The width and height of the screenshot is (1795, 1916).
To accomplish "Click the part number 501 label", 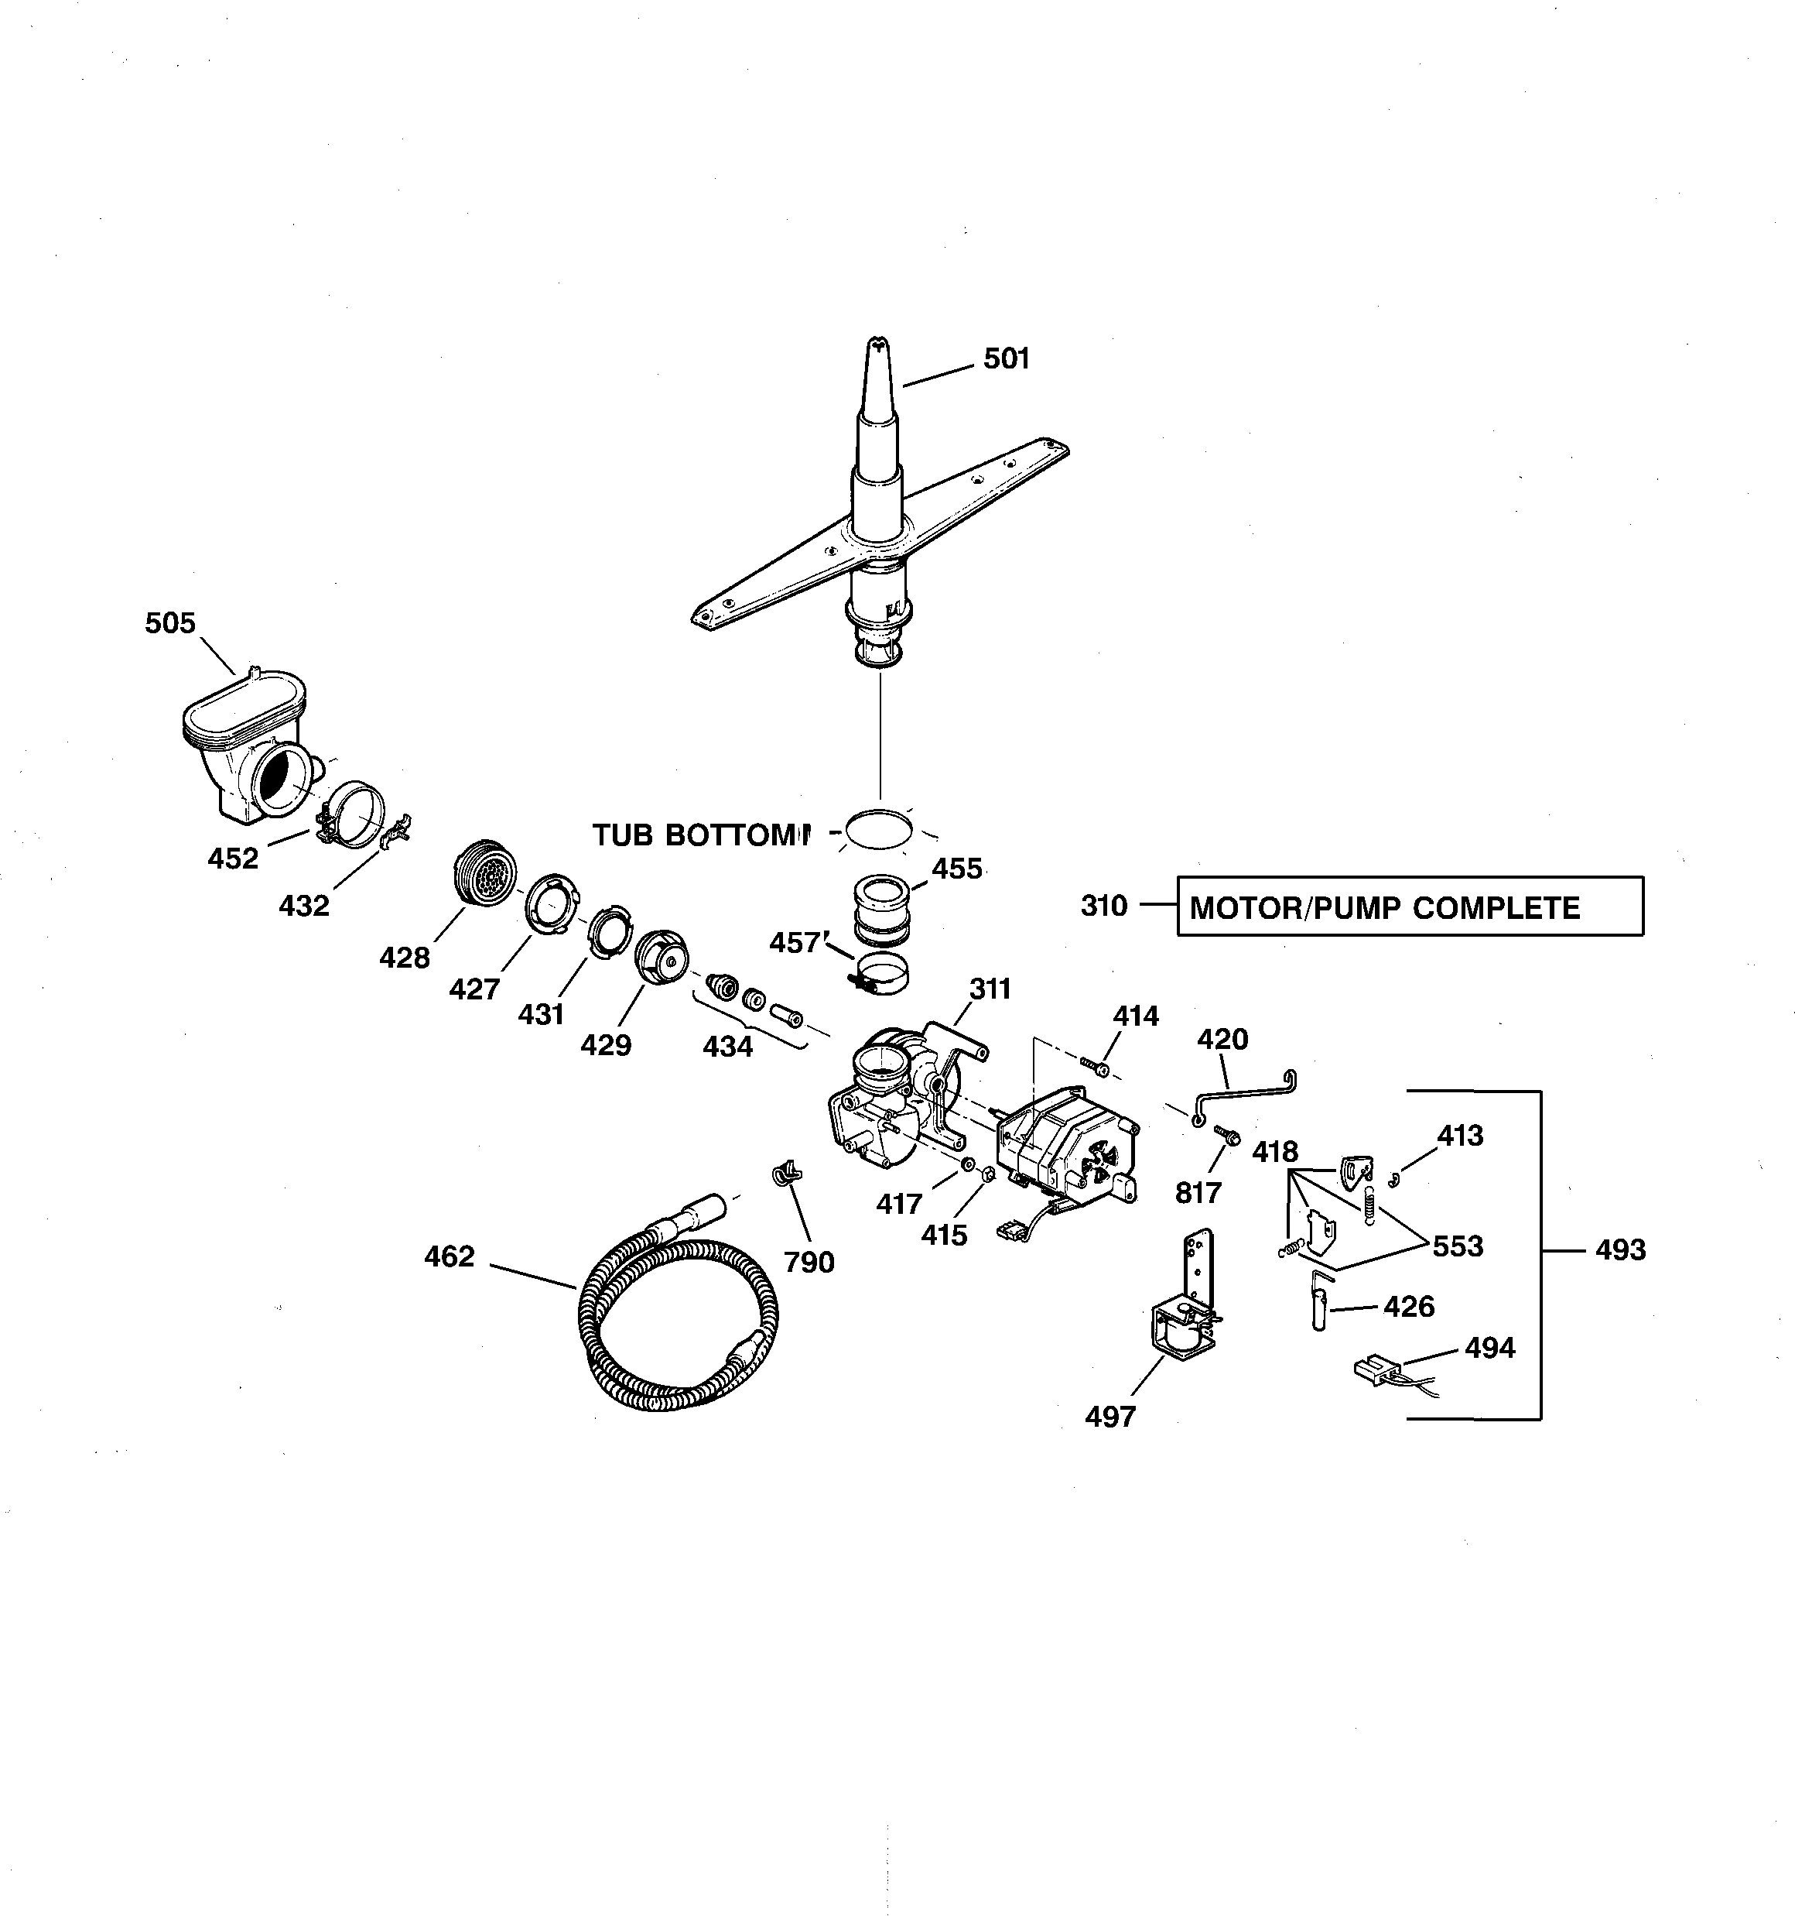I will click(1006, 358).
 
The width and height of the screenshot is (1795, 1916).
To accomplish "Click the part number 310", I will click(1103, 906).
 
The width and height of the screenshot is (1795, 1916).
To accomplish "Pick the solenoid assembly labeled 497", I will click(1183, 1321).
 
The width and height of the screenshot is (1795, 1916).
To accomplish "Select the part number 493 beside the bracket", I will click(1619, 1250).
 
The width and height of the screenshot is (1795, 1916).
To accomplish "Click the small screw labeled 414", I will click(1096, 1066).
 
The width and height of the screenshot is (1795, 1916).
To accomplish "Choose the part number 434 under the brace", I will click(727, 1046).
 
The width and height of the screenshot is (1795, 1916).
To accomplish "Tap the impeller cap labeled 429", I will click(660, 956).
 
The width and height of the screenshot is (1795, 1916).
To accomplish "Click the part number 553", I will click(1457, 1246).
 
